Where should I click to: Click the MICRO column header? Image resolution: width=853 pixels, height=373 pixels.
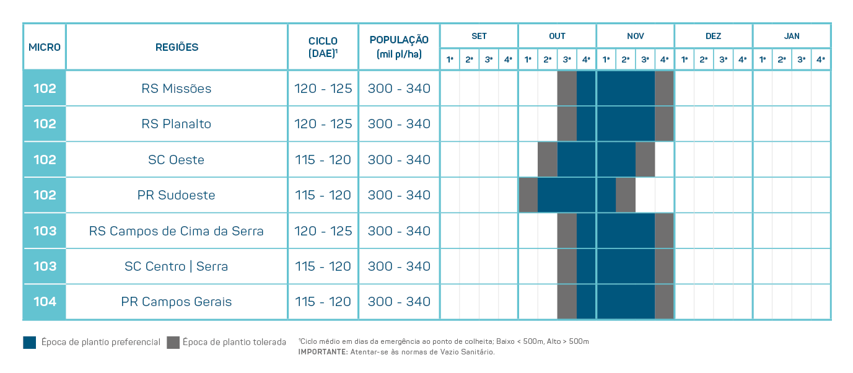45,47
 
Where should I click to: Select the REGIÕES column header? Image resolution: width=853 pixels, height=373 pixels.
177,47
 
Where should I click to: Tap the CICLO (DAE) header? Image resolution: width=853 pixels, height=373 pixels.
323,47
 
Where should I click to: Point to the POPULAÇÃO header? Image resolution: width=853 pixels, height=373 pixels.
399,47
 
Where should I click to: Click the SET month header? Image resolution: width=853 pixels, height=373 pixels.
479,36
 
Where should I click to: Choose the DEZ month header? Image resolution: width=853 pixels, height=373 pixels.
713,36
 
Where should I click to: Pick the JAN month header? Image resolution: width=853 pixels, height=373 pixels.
792,36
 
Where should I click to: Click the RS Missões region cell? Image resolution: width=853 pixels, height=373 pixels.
177,89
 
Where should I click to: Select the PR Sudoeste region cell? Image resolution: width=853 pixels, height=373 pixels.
177,195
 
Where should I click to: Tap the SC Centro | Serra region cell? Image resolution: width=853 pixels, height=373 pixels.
177,266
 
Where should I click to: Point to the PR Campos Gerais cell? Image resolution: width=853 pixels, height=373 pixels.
177,302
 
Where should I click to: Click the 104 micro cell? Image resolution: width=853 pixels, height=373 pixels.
45,302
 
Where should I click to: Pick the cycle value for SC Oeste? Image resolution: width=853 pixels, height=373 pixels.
323,160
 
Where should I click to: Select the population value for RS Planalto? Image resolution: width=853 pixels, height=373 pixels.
399,124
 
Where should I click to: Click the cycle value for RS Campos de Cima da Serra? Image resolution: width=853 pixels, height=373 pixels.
323,231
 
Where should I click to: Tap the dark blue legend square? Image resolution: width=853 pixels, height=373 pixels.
30,342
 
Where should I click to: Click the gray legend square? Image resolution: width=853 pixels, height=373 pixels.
173,342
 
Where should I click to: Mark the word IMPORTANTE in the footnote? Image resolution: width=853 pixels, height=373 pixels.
322,352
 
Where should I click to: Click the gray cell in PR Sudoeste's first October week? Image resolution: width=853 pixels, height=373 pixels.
528,195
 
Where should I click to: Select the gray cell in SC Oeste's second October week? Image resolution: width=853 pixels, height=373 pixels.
548,160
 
